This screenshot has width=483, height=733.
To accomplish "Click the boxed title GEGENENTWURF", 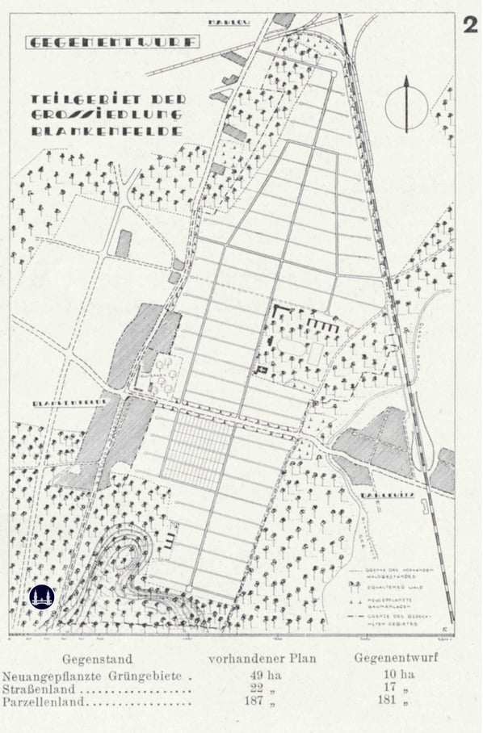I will pyautogui.click(x=112, y=41).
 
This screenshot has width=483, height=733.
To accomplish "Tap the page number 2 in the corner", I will pyautogui.click(x=469, y=24).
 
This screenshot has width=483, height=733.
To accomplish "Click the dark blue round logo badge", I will pyautogui.click(x=41, y=597).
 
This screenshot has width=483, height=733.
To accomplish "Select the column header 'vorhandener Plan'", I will pyautogui.click(x=262, y=658).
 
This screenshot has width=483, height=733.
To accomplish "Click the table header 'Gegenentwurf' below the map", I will pyautogui.click(x=396, y=658).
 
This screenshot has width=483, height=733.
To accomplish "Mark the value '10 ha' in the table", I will pyautogui.click(x=396, y=675).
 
